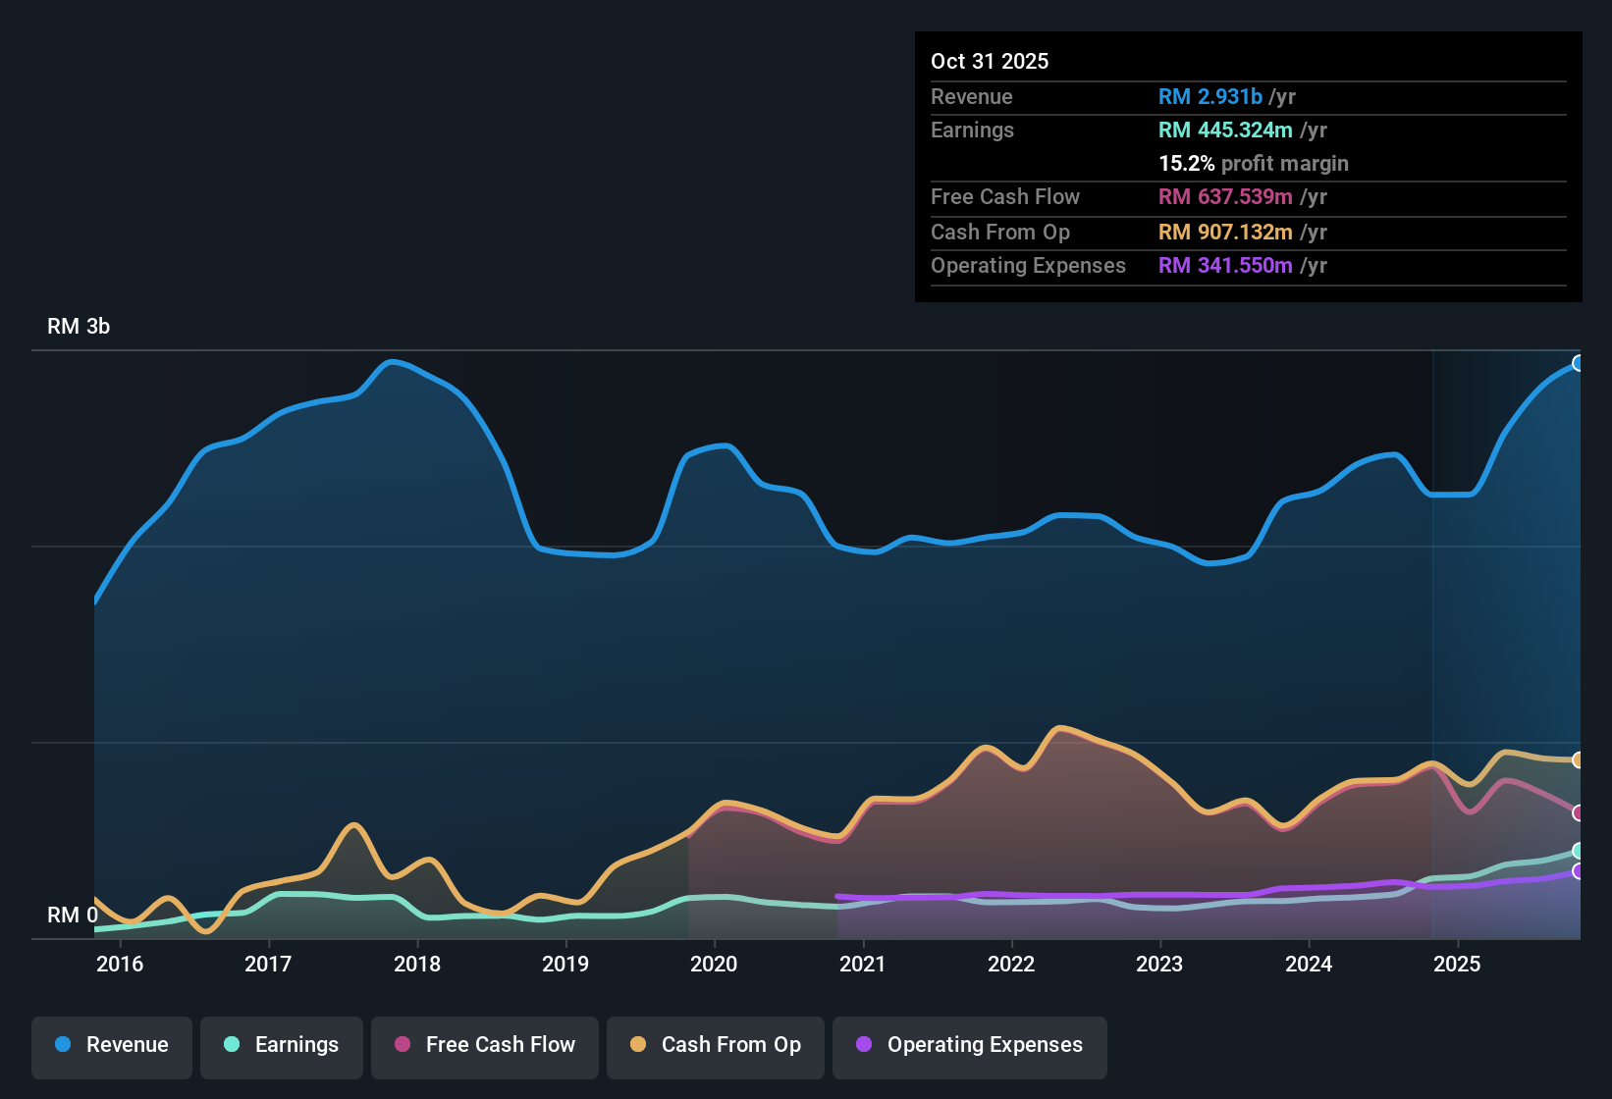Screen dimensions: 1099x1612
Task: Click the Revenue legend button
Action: pyautogui.click(x=112, y=1046)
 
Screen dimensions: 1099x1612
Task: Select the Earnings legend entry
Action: pyautogui.click(x=282, y=1046)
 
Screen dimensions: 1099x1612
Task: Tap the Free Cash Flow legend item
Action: pyautogui.click(x=485, y=1046)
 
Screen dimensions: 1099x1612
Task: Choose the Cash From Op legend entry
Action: pyautogui.click(x=716, y=1046)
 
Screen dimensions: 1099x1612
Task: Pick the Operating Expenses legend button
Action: pyautogui.click(x=970, y=1046)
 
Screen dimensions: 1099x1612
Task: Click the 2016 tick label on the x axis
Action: pyautogui.click(x=120, y=965)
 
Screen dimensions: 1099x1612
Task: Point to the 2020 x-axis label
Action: pyautogui.click(x=714, y=965)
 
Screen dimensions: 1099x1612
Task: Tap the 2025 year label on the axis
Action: pyautogui.click(x=1457, y=965)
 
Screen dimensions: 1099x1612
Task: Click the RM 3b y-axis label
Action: pyautogui.click(x=79, y=327)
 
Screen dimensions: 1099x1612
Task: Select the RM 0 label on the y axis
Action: pyautogui.click(x=72, y=916)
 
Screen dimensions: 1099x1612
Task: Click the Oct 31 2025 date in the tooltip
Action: pyautogui.click(x=990, y=62)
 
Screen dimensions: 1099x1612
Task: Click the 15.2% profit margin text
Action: pyautogui.click(x=1253, y=164)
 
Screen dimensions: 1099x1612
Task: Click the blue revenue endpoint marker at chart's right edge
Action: pyautogui.click(x=1578, y=363)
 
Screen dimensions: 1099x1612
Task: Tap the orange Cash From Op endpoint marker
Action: pyautogui.click(x=1578, y=759)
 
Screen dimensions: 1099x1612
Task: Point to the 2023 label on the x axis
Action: pyautogui.click(x=1159, y=965)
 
